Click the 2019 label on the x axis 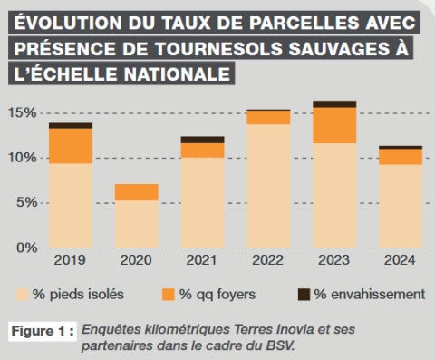pos(71,260)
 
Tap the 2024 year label pos(400,260)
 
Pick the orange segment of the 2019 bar pos(71,146)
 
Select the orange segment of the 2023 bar pos(333,125)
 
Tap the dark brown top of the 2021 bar pos(202,140)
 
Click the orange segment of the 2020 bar pos(136,192)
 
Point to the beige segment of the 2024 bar pos(400,206)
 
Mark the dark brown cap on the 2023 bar pos(333,104)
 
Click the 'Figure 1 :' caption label pos(41,331)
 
